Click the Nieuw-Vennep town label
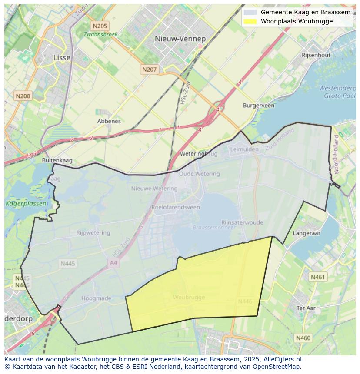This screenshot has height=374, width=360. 180,39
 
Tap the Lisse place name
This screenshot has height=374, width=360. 61,57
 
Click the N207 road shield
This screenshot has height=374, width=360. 149,69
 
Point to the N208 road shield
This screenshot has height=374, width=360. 23,96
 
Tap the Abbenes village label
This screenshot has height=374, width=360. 109,121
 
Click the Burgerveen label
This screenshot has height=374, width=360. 258,106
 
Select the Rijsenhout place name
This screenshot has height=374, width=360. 316,55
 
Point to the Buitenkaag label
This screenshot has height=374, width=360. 57,160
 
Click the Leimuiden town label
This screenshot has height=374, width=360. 243,149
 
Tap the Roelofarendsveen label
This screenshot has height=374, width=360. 176,207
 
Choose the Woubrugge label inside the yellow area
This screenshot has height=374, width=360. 189,297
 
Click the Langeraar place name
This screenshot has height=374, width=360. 307,233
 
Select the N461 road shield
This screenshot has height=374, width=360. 317,277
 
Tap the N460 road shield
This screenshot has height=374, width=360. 303,338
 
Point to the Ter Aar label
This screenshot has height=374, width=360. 306,308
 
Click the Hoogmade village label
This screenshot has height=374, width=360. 96,298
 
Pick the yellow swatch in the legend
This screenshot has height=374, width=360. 250,21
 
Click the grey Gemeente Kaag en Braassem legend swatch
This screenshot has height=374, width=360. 250,12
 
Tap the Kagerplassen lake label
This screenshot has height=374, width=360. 20,203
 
